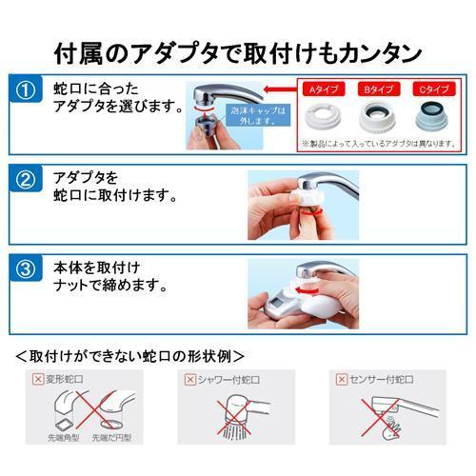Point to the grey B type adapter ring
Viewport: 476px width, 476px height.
point(376,118)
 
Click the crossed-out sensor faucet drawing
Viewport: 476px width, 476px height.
point(386,419)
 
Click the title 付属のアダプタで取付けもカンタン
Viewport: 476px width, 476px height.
point(238,46)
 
